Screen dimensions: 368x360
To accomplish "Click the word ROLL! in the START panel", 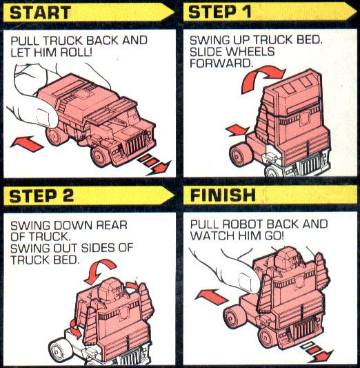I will [x=103, y=53].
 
